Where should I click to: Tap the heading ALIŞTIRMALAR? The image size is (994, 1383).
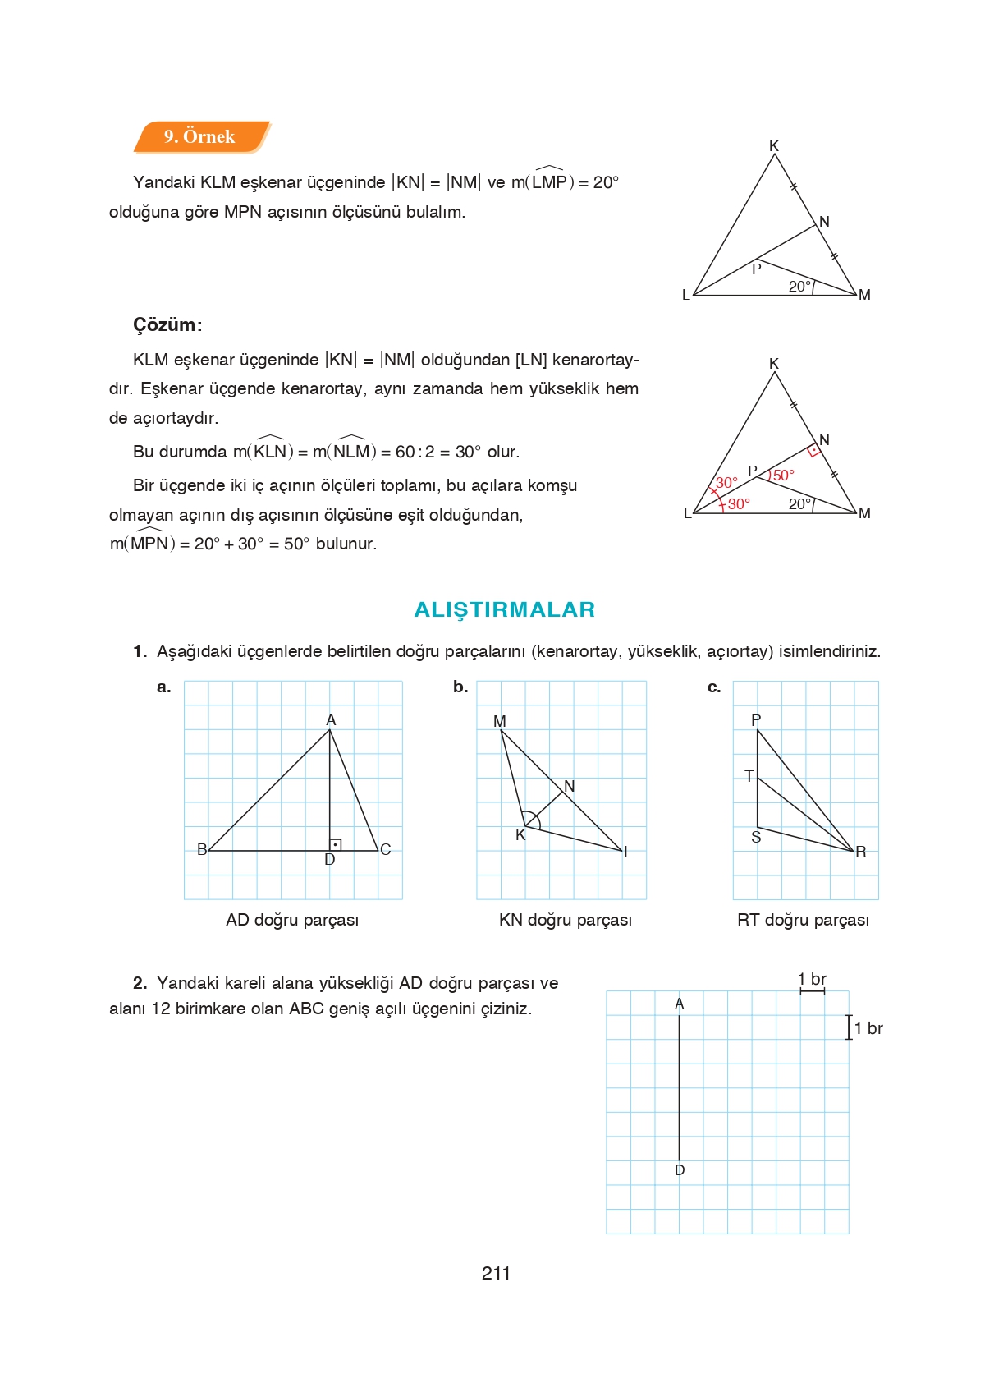click(504, 609)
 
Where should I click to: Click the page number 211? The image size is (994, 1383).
click(496, 1273)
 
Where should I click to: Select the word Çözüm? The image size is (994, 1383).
click(167, 324)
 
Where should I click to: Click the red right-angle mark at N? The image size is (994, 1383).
click(813, 451)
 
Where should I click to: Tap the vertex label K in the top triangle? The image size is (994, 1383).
click(773, 146)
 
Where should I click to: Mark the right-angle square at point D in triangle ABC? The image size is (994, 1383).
click(335, 844)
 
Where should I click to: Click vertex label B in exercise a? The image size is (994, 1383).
click(202, 849)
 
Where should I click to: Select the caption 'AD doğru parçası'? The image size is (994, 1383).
click(292, 920)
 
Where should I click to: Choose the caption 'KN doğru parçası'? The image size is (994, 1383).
click(566, 920)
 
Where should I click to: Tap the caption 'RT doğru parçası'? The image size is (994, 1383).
click(803, 920)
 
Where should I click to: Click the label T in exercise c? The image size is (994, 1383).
click(748, 775)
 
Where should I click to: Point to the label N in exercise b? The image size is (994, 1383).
click(570, 786)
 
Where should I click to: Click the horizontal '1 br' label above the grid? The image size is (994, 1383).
click(812, 979)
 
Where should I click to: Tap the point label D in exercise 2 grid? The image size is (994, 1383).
click(680, 1170)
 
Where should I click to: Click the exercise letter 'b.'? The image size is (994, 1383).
click(460, 687)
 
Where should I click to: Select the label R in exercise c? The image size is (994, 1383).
click(860, 852)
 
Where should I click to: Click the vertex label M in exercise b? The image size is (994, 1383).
click(499, 721)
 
